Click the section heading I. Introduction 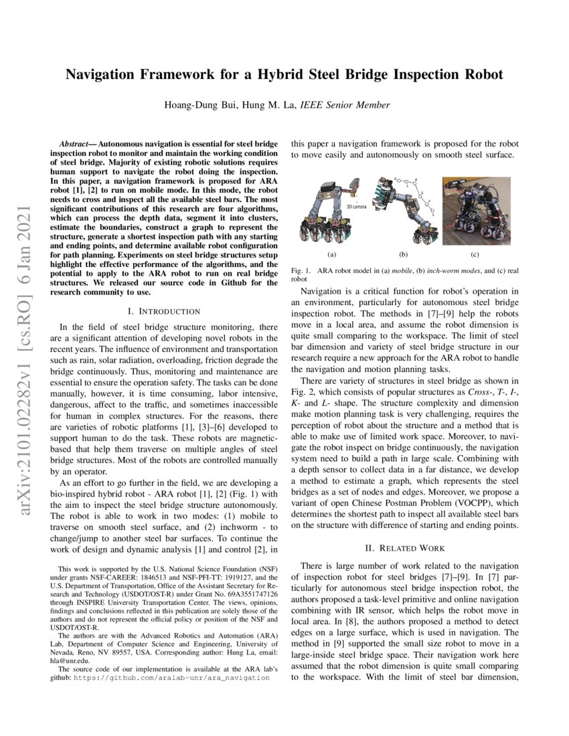coord(163,311)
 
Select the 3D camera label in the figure coord(357,207)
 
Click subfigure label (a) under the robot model coord(331,254)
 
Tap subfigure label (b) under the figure coord(404,254)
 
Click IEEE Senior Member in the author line coord(345,105)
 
